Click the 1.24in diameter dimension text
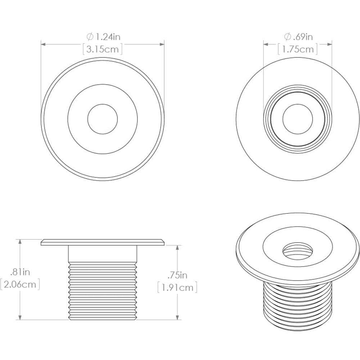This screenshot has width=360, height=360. pyautogui.click(x=107, y=36)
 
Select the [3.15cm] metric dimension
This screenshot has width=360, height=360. pyautogui.click(x=103, y=49)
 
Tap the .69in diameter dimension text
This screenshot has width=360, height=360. pyautogui.click(x=302, y=36)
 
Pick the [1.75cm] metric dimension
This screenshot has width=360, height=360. pyautogui.click(x=298, y=49)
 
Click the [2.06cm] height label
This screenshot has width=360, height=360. pyautogui.click(x=20, y=285)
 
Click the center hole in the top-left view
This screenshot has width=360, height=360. pyautogui.click(x=103, y=118)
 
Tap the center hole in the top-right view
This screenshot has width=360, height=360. pyautogui.click(x=298, y=118)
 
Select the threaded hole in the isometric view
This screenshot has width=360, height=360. pyautogui.click(x=297, y=249)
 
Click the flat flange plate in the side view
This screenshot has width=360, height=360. pyautogui.click(x=103, y=242)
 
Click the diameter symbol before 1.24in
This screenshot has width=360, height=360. pyautogui.click(x=90, y=36)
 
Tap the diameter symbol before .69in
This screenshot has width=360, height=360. pyautogui.click(x=287, y=36)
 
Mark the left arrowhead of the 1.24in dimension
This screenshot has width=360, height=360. pyautogui.click(x=43, y=45)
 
